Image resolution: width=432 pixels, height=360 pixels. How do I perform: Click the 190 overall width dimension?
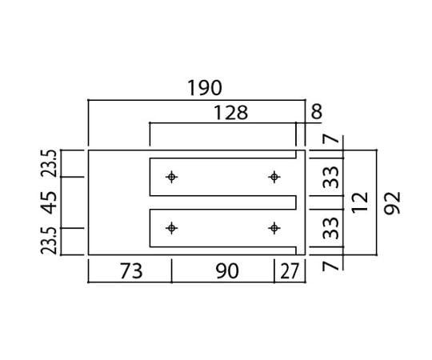205,88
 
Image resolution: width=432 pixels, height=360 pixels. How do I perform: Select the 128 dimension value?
231,113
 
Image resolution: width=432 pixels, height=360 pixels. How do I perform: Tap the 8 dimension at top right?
316,111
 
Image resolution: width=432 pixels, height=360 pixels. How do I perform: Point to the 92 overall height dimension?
392,203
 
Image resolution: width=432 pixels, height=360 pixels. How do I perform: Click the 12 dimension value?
360,202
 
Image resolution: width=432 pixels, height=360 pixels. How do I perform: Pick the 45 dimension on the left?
50,202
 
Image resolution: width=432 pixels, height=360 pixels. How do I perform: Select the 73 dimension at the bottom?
131,271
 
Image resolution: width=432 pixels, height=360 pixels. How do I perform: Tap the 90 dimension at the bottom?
227,271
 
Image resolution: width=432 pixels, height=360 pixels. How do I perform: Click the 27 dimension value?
290,271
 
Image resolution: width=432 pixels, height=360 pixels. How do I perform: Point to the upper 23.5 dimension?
49,163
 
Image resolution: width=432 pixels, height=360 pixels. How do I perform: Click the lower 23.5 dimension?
49,241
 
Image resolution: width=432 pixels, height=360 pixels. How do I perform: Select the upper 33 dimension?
330,177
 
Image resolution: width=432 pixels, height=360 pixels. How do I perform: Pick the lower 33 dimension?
330,228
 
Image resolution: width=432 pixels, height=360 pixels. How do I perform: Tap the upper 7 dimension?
330,138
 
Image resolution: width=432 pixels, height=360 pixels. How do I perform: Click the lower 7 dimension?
330,266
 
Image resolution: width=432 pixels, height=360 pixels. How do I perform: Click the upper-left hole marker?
172,177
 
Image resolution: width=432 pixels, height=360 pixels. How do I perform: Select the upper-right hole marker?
274,177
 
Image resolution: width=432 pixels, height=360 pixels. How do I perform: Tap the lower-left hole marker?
172,228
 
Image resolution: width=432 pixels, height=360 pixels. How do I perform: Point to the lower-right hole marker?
274,228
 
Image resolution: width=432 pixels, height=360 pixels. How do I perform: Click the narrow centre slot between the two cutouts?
223,202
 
